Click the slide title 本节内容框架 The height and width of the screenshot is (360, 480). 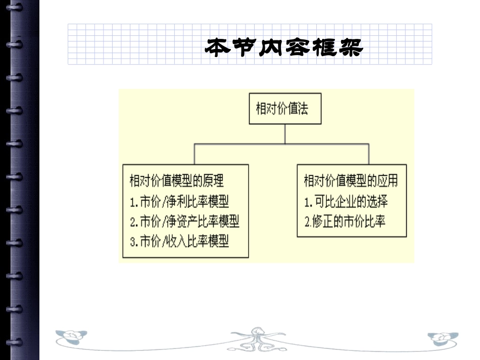point(284,47)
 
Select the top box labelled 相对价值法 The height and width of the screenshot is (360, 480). point(285,109)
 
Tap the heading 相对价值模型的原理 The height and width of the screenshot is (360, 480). point(177,180)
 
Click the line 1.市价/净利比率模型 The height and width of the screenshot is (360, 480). point(179,201)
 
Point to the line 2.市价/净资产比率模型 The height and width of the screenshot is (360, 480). point(184,221)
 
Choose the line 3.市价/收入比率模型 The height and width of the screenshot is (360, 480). point(179,241)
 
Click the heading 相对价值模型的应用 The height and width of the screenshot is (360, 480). point(351,180)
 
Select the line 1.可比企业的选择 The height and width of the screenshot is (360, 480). point(346,201)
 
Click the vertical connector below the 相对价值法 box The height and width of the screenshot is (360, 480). point(285,134)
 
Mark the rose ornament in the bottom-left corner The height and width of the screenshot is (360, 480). point(71,337)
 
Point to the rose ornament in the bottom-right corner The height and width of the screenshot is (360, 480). point(443,338)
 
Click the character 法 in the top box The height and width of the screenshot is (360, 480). point(302,109)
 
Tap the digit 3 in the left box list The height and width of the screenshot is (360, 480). point(132,242)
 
